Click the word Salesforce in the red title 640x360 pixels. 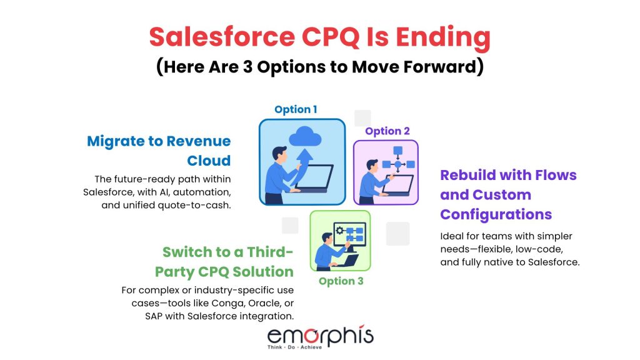click(222, 37)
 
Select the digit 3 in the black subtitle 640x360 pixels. click(247, 67)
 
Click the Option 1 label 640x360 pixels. click(296, 109)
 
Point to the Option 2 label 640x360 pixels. click(387, 131)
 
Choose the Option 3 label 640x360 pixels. click(341, 281)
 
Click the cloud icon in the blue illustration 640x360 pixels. click(305, 136)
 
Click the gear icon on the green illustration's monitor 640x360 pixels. click(339, 230)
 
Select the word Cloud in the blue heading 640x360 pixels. click(209, 161)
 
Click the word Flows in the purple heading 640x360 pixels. click(556, 175)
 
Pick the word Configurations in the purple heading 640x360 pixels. click(496, 215)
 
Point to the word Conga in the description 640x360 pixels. click(226, 303)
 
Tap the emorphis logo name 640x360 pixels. click(321, 336)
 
